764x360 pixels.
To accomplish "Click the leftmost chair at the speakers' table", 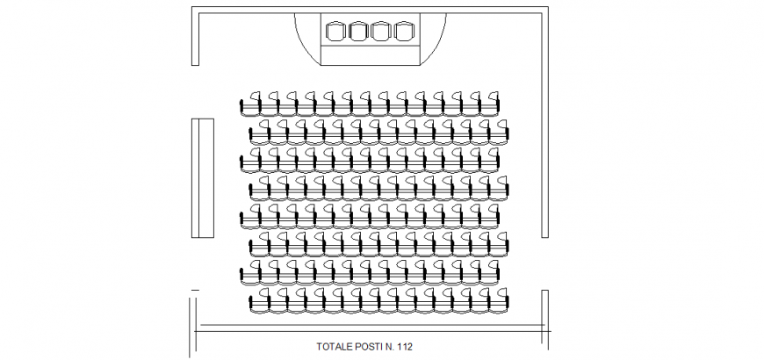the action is coord(336,31).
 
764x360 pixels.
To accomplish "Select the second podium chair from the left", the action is coord(358,31).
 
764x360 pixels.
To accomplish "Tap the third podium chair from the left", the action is coord(381,31).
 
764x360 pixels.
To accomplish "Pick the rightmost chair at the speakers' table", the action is coord(403,31).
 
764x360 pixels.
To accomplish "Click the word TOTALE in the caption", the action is coord(334,347).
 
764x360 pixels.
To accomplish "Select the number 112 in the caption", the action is coord(405,347).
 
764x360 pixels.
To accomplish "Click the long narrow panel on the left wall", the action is coord(203,178).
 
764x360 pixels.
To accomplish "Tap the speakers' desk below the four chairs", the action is coord(370,54).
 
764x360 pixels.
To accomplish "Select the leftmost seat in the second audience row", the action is coord(259,131).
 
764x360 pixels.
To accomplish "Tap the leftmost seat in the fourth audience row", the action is coord(259,187).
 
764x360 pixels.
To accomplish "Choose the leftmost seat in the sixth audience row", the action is coord(259,244).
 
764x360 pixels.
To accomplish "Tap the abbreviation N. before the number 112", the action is coord(390,347).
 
